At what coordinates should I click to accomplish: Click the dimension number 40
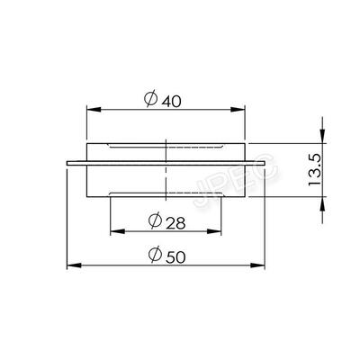click(x=172, y=102)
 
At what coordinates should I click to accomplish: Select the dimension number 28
click(x=175, y=223)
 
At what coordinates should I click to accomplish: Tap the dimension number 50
click(x=175, y=257)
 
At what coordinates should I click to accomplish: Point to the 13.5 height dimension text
click(x=315, y=170)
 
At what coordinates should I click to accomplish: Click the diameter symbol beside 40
click(x=150, y=98)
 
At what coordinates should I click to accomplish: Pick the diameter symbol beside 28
click(x=155, y=220)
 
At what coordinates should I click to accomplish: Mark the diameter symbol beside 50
click(x=155, y=254)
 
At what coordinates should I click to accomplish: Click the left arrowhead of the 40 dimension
click(x=94, y=110)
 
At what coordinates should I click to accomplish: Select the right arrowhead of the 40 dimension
click(x=238, y=110)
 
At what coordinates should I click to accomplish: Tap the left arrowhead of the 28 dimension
click(x=118, y=231)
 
